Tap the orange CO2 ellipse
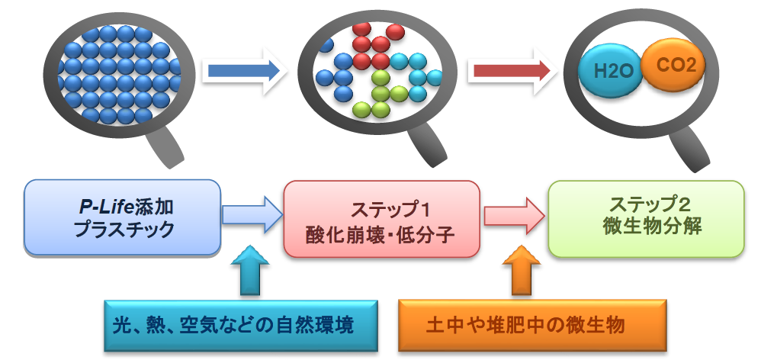coord(673,65)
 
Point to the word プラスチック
coord(124,229)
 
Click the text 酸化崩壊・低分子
coord(380,236)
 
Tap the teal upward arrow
coord(249,270)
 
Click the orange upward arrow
coord(521,270)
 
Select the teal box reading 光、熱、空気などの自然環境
coord(241,326)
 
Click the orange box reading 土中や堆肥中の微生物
coord(532,325)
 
